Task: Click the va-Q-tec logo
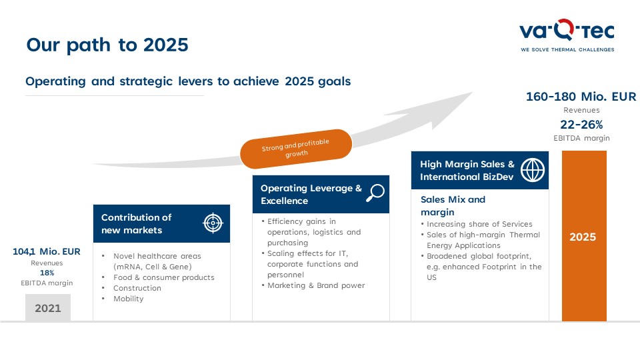(x=567, y=35)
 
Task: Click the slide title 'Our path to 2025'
(x=107, y=45)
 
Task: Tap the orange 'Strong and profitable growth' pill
(x=296, y=149)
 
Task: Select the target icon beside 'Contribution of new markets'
(x=213, y=223)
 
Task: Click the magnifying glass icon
(x=375, y=193)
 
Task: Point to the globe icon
(x=533, y=170)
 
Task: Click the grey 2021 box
(x=48, y=308)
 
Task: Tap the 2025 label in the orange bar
(x=583, y=237)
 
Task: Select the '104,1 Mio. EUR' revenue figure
(x=47, y=251)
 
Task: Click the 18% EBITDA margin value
(x=47, y=273)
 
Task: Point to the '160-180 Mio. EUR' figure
(x=581, y=97)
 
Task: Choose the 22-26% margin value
(x=581, y=125)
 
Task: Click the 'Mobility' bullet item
(x=129, y=299)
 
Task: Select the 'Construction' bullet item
(x=137, y=288)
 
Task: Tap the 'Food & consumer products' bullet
(x=164, y=277)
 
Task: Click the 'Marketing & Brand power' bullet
(x=316, y=286)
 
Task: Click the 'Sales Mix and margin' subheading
(x=453, y=206)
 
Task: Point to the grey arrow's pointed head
(x=471, y=93)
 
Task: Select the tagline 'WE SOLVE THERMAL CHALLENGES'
(x=567, y=50)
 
